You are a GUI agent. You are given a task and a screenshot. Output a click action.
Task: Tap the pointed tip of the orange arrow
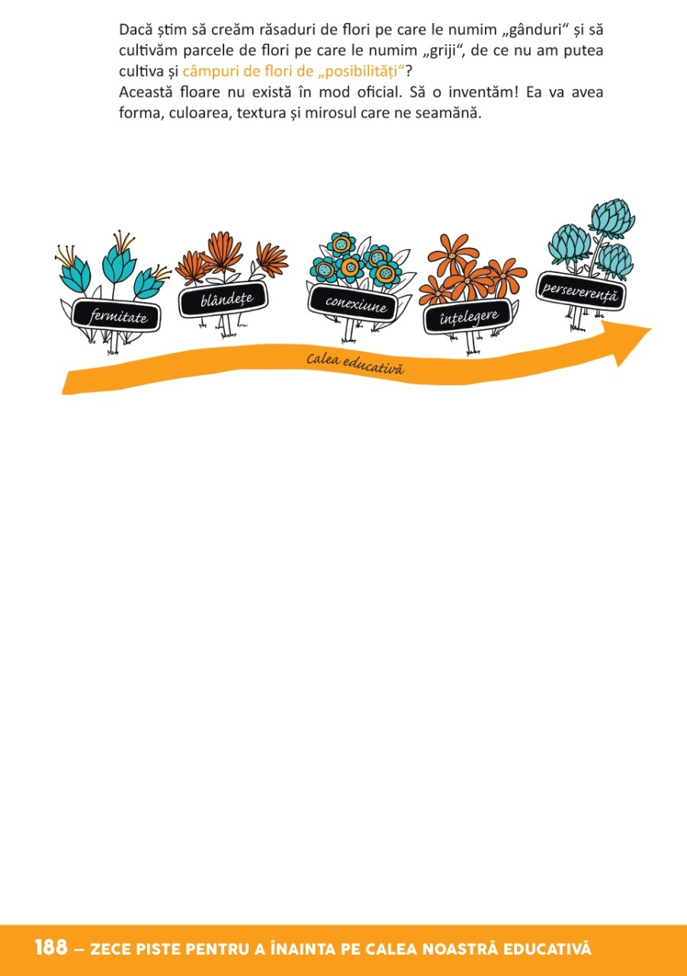[649, 329]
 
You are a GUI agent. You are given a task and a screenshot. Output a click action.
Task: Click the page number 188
[51, 949]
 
